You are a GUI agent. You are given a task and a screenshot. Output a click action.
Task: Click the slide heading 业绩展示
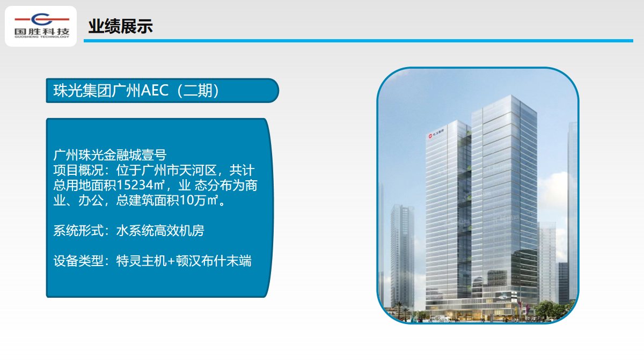pos(120,26)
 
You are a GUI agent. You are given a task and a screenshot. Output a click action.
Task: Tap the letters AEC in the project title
pos(155,91)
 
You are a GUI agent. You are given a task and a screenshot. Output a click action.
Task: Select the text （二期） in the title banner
pos(198,91)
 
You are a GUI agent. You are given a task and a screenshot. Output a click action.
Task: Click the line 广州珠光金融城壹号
pos(110,155)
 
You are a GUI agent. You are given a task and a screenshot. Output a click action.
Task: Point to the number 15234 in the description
pos(135,185)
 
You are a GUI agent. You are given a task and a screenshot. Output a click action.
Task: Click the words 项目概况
pos(78,171)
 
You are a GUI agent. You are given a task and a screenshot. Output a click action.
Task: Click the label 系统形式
pos(78,231)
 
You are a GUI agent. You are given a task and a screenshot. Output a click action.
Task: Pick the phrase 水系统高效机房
pos(160,231)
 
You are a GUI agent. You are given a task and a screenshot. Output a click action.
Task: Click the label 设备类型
pos(78,261)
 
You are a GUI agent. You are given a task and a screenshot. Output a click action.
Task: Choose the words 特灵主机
pos(141,261)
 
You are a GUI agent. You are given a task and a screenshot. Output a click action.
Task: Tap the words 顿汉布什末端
pos(214,261)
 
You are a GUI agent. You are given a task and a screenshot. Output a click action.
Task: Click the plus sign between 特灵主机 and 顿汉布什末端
pos(171,261)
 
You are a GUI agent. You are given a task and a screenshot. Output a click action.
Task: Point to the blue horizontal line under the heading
pos(358,41)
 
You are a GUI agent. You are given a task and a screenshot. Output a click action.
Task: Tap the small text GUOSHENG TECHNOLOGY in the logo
pos(42,37)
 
